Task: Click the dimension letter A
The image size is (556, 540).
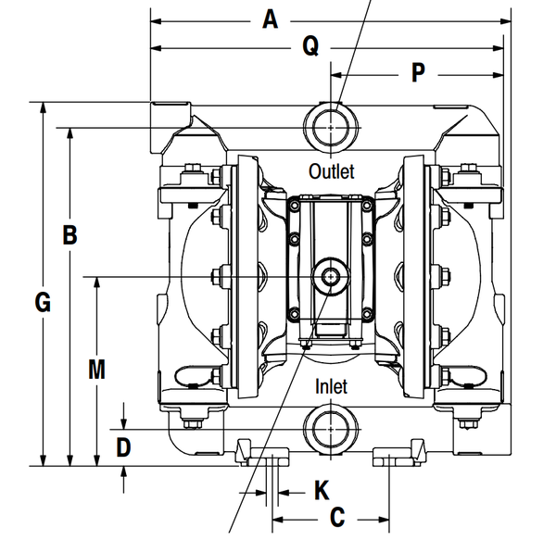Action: coord(270,19)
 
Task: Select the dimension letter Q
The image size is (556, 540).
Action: coord(310,45)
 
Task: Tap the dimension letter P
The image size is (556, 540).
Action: coord(418,72)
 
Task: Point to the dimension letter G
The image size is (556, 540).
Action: coord(43,302)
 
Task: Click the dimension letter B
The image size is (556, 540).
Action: coord(69,234)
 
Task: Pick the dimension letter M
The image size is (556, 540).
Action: coord(96,370)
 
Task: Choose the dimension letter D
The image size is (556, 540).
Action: coord(123,447)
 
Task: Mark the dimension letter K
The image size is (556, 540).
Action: coord(322,490)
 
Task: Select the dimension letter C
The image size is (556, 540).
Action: coord(337,518)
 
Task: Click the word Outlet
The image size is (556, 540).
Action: coord(331,171)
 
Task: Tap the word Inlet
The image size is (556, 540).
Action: coord(331,386)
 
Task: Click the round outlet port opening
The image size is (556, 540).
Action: coord(331,128)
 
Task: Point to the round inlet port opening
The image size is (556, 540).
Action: coord(331,429)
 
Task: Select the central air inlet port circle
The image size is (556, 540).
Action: coord(331,277)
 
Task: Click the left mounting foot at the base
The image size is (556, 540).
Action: coord(262,453)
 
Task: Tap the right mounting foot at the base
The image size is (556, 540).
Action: coord(398,453)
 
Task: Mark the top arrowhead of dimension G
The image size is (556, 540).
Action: coord(43,107)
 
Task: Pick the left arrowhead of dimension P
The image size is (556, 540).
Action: coord(336,75)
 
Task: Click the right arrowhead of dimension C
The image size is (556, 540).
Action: coord(384,520)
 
